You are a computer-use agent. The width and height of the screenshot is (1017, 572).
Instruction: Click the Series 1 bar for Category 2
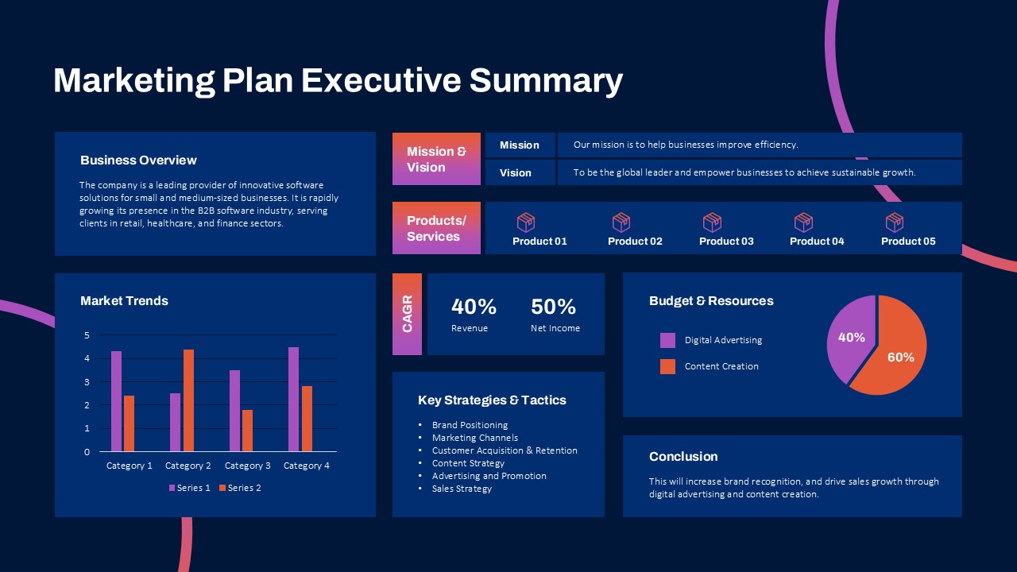(175, 422)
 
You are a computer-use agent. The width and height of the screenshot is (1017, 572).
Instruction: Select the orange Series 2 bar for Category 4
(307, 419)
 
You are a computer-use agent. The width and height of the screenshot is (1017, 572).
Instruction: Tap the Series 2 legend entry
(240, 488)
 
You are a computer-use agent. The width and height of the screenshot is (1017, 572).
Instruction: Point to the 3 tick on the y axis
(87, 382)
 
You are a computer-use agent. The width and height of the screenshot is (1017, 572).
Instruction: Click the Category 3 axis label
(247, 466)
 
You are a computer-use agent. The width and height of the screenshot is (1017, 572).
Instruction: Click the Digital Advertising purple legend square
(667, 340)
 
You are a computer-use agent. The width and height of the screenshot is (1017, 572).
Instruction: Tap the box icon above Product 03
(713, 222)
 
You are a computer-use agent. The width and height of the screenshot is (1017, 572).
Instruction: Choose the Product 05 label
(908, 242)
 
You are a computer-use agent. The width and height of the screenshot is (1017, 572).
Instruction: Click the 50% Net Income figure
(553, 307)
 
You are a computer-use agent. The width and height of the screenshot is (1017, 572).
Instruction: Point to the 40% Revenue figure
(474, 307)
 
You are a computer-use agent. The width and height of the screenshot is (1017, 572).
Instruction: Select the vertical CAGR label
(407, 314)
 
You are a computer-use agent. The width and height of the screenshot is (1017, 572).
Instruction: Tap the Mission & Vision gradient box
(436, 159)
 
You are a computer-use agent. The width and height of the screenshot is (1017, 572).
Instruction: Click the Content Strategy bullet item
(468, 463)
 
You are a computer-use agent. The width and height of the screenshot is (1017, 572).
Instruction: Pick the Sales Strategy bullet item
(462, 489)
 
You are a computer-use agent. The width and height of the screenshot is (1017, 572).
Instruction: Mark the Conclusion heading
(683, 457)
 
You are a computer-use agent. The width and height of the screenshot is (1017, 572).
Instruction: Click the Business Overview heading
(138, 160)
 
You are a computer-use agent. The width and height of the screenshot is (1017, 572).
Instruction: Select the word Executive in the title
(381, 81)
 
